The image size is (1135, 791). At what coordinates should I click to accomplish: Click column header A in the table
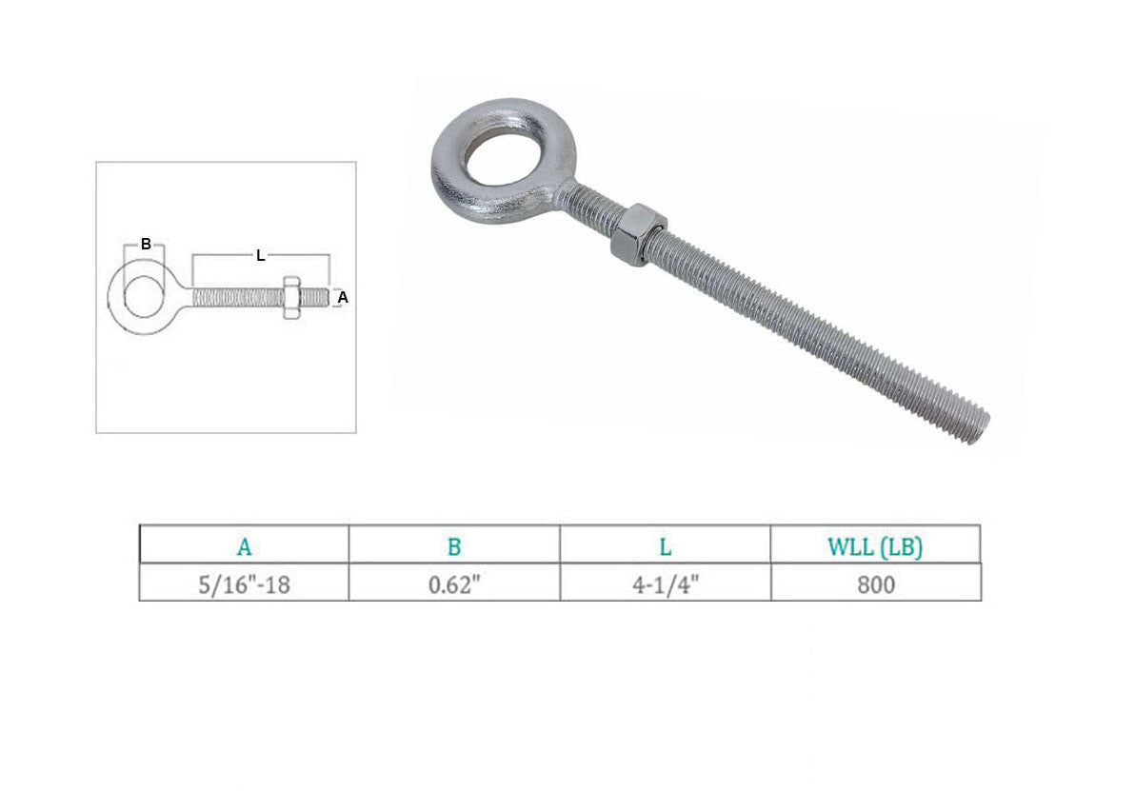coord(244,547)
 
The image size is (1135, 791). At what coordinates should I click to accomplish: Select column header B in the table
coord(454,547)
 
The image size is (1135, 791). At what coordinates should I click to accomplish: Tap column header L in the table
coord(666,547)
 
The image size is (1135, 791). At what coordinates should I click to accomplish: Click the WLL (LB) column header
coord(875,547)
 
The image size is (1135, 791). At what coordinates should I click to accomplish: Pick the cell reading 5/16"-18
coord(244,584)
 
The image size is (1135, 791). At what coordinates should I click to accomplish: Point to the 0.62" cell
coord(454,584)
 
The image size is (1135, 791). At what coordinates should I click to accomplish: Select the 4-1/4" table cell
coord(666,584)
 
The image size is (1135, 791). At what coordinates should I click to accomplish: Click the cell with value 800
coord(876,584)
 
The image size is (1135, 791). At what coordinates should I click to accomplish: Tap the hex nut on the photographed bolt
coord(637,234)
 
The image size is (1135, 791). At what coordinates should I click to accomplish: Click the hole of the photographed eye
coord(501,154)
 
